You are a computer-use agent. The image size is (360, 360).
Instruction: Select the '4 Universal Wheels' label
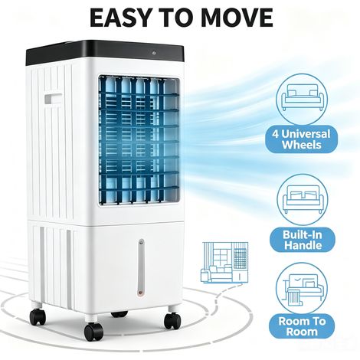(302, 139)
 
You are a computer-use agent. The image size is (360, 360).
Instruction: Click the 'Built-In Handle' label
(303, 240)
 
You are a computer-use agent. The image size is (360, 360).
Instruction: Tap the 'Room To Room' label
(302, 326)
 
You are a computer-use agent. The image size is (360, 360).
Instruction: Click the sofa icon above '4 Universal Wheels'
(303, 98)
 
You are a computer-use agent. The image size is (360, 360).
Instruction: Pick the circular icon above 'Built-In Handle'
(303, 199)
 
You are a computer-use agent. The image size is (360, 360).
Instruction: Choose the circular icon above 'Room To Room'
(302, 288)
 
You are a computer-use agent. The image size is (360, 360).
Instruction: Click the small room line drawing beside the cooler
(224, 262)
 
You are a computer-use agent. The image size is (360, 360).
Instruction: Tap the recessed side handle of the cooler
(53, 99)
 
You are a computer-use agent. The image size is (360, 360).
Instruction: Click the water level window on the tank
(141, 267)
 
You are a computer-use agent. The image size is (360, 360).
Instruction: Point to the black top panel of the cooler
(105, 51)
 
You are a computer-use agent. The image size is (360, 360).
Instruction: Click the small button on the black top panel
(154, 53)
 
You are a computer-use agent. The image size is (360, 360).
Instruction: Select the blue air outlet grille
(139, 140)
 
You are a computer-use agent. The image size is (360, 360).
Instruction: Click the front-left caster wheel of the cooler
(93, 331)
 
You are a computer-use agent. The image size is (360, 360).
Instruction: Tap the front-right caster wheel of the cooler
(172, 320)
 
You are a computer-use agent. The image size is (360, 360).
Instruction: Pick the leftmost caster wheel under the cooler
(38, 316)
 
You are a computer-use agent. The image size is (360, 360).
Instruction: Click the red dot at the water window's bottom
(140, 293)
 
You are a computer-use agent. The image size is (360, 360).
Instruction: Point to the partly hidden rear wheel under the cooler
(119, 313)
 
